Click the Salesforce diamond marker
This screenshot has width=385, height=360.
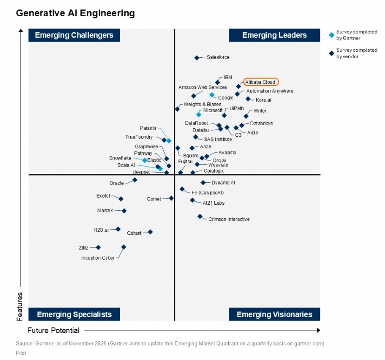click(197, 58)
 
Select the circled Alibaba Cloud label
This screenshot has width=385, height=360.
click(260, 82)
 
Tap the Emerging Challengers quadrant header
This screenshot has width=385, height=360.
click(74, 35)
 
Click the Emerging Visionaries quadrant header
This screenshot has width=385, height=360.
click(274, 314)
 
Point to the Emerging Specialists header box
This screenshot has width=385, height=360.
click(74, 314)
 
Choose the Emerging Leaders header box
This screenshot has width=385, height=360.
click(274, 35)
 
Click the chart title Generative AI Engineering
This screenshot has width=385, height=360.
click(75, 13)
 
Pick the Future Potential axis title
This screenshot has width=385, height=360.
click(53, 330)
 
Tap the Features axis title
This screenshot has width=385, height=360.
click(20, 306)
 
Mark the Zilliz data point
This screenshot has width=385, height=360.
click(98, 247)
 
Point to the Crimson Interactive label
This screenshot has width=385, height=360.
click(229, 219)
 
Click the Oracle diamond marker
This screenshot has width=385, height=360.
click(135, 180)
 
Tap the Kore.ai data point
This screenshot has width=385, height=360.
click(248, 99)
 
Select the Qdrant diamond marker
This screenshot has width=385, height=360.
click(150, 232)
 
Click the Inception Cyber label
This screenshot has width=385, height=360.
click(98, 258)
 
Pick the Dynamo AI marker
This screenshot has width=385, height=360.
click(203, 183)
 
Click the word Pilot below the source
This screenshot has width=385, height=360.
click(21, 353)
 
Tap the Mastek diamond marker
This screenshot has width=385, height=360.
click(124, 211)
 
